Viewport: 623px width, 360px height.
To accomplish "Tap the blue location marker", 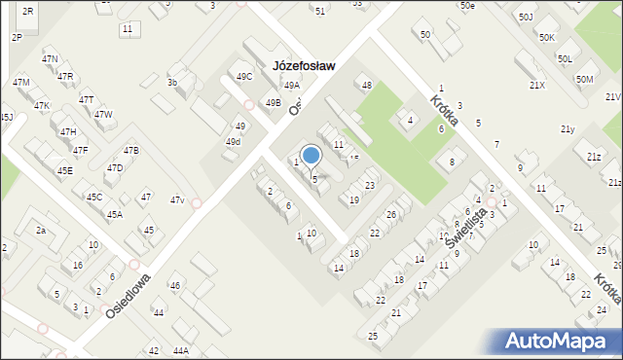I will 311,156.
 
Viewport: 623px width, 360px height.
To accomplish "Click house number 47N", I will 50,59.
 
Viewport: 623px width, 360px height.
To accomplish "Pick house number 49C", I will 243,76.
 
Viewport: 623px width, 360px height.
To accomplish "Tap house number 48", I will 367,85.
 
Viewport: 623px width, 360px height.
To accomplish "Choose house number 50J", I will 526,17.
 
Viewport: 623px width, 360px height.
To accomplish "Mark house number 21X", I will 536,85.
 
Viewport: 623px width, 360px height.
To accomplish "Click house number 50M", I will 584,79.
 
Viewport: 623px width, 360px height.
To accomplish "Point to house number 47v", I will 177,199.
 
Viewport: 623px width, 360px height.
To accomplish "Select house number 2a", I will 41,230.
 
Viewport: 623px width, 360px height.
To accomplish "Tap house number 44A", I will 180,350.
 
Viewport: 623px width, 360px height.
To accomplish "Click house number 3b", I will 172,83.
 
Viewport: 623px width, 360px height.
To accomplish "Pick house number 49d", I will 233,142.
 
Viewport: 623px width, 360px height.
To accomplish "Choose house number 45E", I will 64,170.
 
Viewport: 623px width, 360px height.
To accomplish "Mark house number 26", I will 391,214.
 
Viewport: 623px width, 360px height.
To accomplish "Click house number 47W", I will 103,114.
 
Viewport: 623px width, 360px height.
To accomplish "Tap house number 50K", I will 547,37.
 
